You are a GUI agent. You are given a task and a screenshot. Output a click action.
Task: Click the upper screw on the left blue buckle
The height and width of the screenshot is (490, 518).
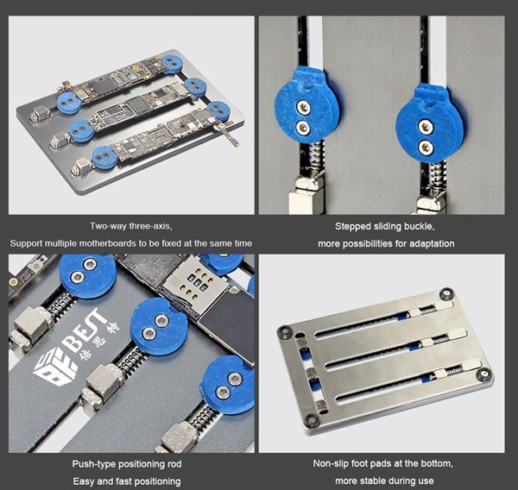coord(303,107)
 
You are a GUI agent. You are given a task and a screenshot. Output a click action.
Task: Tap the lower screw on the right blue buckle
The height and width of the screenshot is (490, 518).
coord(426,148)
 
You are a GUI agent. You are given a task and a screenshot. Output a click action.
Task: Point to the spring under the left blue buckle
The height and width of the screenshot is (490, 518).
coord(315,156)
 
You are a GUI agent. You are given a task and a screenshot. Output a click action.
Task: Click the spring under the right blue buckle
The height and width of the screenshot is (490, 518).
coord(438,177)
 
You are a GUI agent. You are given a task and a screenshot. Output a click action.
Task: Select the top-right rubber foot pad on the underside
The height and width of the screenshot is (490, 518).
coord(446,293)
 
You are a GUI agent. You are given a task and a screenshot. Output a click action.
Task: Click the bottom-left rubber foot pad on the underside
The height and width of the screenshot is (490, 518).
coord(312,419)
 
